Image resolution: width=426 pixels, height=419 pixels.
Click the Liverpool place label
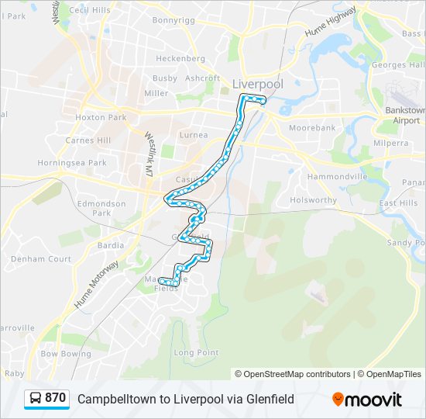258,83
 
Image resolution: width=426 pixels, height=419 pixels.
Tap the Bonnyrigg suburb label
173,20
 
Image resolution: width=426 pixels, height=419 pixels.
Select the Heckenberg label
180,58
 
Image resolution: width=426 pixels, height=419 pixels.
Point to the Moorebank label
311,127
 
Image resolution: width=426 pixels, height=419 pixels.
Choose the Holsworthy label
313,200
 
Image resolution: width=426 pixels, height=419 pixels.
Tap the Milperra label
390,144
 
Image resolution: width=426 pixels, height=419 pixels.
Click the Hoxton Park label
101,118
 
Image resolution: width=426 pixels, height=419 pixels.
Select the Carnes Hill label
88,140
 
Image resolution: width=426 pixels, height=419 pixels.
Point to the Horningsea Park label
70,163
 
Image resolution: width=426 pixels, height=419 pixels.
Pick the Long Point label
195,352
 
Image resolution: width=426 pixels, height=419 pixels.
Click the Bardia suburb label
111,245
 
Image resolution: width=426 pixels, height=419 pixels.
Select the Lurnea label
194,135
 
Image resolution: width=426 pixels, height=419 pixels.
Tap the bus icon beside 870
35,399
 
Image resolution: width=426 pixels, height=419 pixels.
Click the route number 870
55,398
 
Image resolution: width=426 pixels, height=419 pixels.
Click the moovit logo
367,400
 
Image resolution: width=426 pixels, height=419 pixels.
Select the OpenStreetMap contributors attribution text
293,374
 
